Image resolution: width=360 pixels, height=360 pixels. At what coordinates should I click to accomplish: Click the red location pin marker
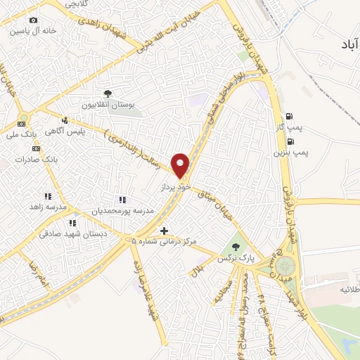tap(181, 165)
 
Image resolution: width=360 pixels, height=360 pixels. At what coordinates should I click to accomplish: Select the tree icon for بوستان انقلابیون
tap(108, 93)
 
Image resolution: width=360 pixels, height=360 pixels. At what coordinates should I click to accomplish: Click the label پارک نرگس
tap(235, 259)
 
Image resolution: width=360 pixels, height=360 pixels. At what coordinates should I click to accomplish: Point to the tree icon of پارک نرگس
tap(236, 247)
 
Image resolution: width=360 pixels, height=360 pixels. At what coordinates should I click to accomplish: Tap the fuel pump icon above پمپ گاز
tap(289, 117)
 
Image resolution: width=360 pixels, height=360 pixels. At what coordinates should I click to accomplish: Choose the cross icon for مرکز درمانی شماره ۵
tap(164, 230)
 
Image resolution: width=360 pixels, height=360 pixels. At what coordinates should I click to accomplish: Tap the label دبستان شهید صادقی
tap(71, 233)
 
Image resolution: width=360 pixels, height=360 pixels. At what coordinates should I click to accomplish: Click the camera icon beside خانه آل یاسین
tap(33, 21)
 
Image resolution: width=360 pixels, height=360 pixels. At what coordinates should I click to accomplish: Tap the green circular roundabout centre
tap(285, 266)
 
